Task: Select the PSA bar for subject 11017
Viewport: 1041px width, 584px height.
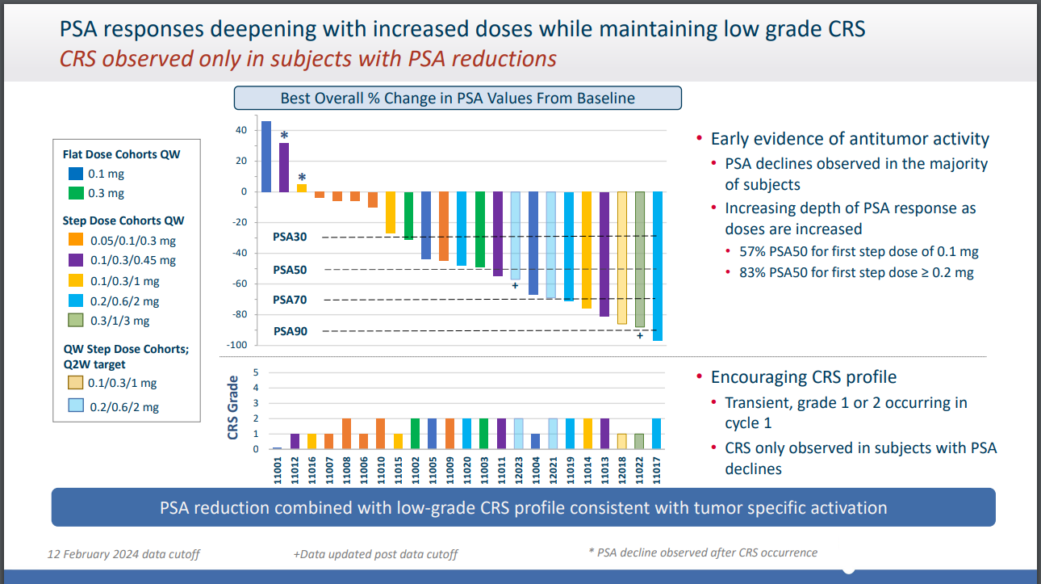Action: coord(658,266)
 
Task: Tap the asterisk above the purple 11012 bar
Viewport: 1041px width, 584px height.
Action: coord(284,136)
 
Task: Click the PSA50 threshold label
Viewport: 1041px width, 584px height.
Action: coord(290,270)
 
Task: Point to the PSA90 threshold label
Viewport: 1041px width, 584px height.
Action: coord(290,331)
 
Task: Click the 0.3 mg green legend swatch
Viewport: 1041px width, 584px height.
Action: coord(75,193)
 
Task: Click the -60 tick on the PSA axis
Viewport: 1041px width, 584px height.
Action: coord(238,284)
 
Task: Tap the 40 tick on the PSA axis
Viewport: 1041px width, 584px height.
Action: coord(241,130)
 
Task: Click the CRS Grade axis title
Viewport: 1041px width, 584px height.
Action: coord(233,407)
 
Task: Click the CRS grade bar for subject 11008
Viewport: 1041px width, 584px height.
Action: coord(346,434)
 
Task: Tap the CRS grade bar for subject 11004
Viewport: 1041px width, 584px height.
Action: coord(534,441)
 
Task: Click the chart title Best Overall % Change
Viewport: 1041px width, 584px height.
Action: coord(458,99)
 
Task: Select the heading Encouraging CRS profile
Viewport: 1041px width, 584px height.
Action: coord(803,377)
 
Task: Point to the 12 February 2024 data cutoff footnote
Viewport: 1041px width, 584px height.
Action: coord(123,554)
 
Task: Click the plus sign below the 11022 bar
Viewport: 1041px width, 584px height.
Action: coord(640,335)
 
